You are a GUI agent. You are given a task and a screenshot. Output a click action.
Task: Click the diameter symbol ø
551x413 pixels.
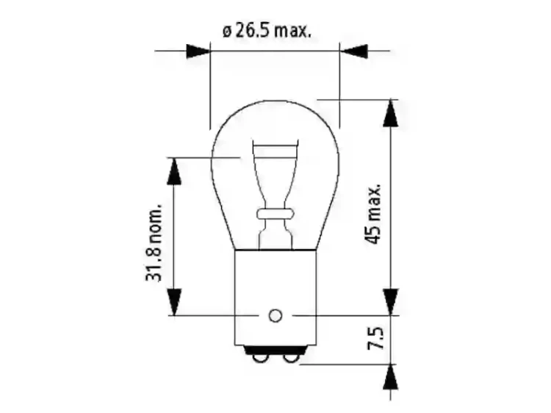[226, 32]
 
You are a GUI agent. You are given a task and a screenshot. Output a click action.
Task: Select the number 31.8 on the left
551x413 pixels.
[154, 264]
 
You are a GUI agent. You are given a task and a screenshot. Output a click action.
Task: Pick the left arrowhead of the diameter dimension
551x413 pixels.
[197, 51]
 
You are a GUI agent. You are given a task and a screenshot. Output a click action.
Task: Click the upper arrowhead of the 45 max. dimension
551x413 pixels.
[391, 113]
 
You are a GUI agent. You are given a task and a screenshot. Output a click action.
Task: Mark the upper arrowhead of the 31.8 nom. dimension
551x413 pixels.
[174, 170]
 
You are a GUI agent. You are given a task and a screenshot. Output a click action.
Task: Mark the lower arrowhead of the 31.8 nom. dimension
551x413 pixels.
[174, 302]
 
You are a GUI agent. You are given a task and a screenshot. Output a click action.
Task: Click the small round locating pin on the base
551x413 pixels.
[275, 316]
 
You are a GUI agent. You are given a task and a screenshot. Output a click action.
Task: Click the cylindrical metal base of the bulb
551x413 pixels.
[275, 294]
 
